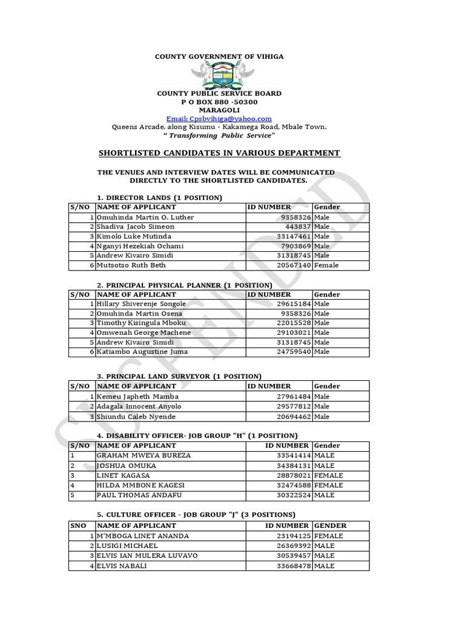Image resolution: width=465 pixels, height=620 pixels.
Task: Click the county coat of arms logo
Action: tap(219, 76)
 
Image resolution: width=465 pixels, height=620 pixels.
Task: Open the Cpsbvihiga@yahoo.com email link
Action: tap(219, 119)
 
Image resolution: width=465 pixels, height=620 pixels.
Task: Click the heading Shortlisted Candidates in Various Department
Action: tap(219, 153)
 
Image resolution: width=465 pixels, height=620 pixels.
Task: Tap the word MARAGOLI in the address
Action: tap(219, 110)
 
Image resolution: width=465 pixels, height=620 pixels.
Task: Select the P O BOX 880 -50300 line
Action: tap(219, 102)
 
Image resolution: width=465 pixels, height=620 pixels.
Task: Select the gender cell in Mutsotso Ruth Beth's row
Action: tap(326, 265)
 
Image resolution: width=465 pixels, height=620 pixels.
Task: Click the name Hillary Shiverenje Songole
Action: tap(141, 304)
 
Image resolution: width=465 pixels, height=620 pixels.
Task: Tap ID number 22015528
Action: tap(293, 323)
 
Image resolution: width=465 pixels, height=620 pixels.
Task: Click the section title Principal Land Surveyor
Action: tap(179, 376)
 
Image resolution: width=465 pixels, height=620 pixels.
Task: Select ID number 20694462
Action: tap(293, 417)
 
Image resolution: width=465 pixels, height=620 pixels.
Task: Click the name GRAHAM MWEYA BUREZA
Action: tap(143, 455)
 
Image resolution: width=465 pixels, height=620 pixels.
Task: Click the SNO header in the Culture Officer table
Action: tap(79, 526)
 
